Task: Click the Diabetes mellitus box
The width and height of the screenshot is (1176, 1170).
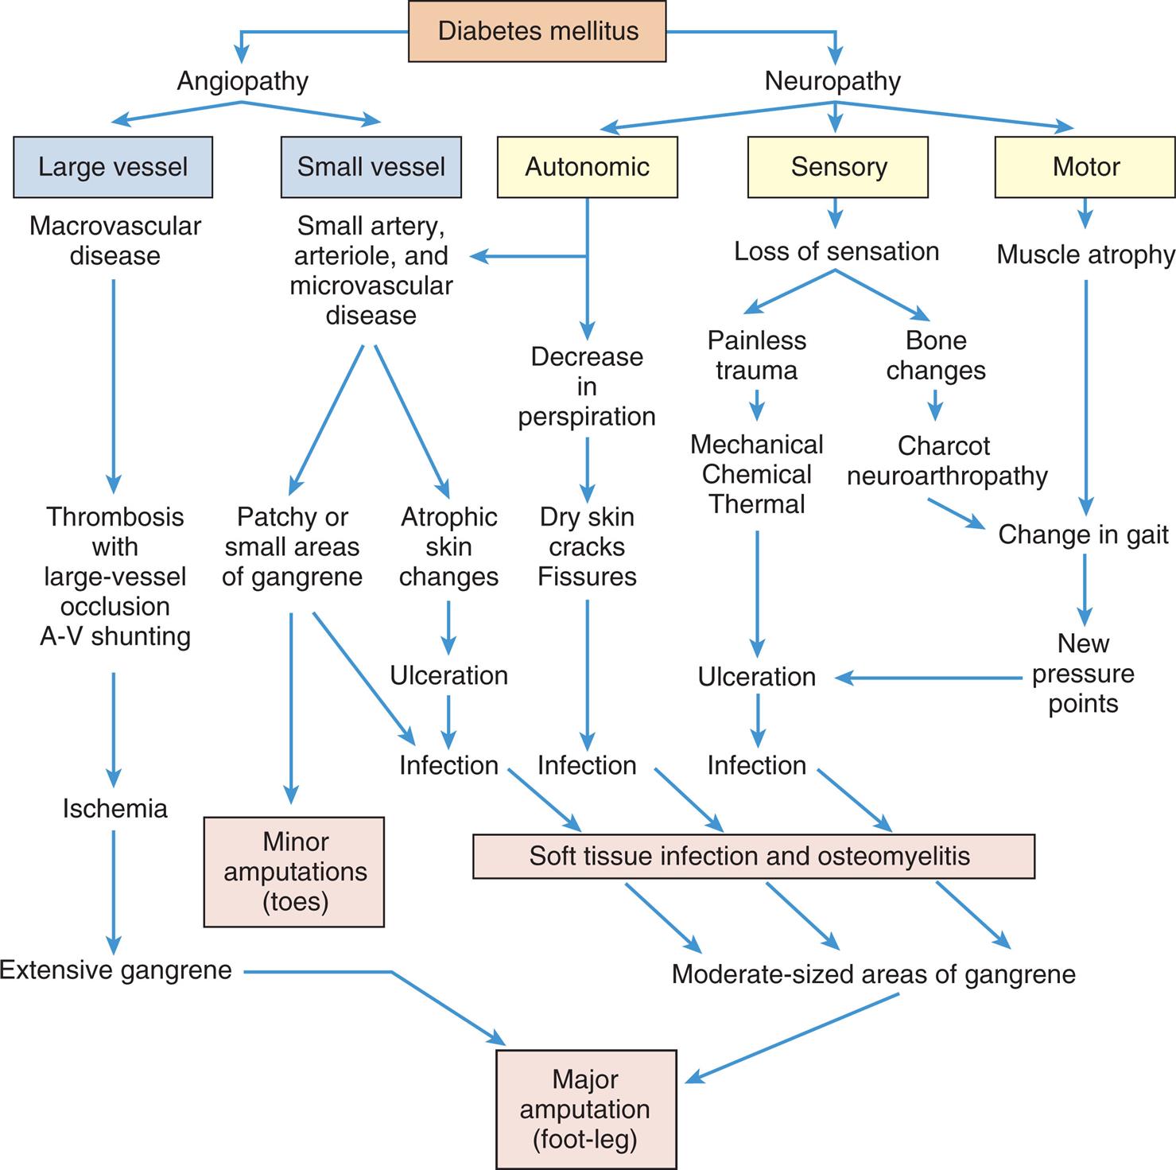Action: click(x=538, y=32)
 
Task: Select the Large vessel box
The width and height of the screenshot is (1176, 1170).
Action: click(x=113, y=167)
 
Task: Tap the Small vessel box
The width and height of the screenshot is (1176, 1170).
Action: click(x=371, y=167)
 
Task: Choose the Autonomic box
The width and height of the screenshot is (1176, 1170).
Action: click(x=587, y=167)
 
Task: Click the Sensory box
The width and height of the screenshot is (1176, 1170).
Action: click(x=838, y=167)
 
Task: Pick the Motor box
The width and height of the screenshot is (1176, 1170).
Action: click(x=1085, y=167)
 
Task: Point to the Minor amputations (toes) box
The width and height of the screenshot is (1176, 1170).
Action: click(x=294, y=872)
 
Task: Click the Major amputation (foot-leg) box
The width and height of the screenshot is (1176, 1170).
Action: click(x=586, y=1110)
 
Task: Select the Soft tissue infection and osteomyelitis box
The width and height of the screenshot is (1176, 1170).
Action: click(x=753, y=857)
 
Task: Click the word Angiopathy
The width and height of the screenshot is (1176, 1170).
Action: click(x=243, y=81)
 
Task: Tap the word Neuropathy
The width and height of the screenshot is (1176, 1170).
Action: click(x=833, y=81)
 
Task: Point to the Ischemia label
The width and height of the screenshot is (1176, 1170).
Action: click(x=115, y=809)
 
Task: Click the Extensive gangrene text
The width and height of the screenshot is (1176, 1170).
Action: click(x=116, y=970)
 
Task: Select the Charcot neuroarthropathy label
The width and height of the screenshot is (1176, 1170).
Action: click(x=946, y=461)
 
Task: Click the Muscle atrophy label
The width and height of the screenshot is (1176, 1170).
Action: click(x=1085, y=255)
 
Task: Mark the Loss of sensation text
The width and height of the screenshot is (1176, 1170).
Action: click(x=836, y=251)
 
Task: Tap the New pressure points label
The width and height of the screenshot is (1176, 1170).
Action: click(x=1083, y=673)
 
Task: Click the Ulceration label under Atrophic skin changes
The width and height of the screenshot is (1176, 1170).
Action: click(x=448, y=675)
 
